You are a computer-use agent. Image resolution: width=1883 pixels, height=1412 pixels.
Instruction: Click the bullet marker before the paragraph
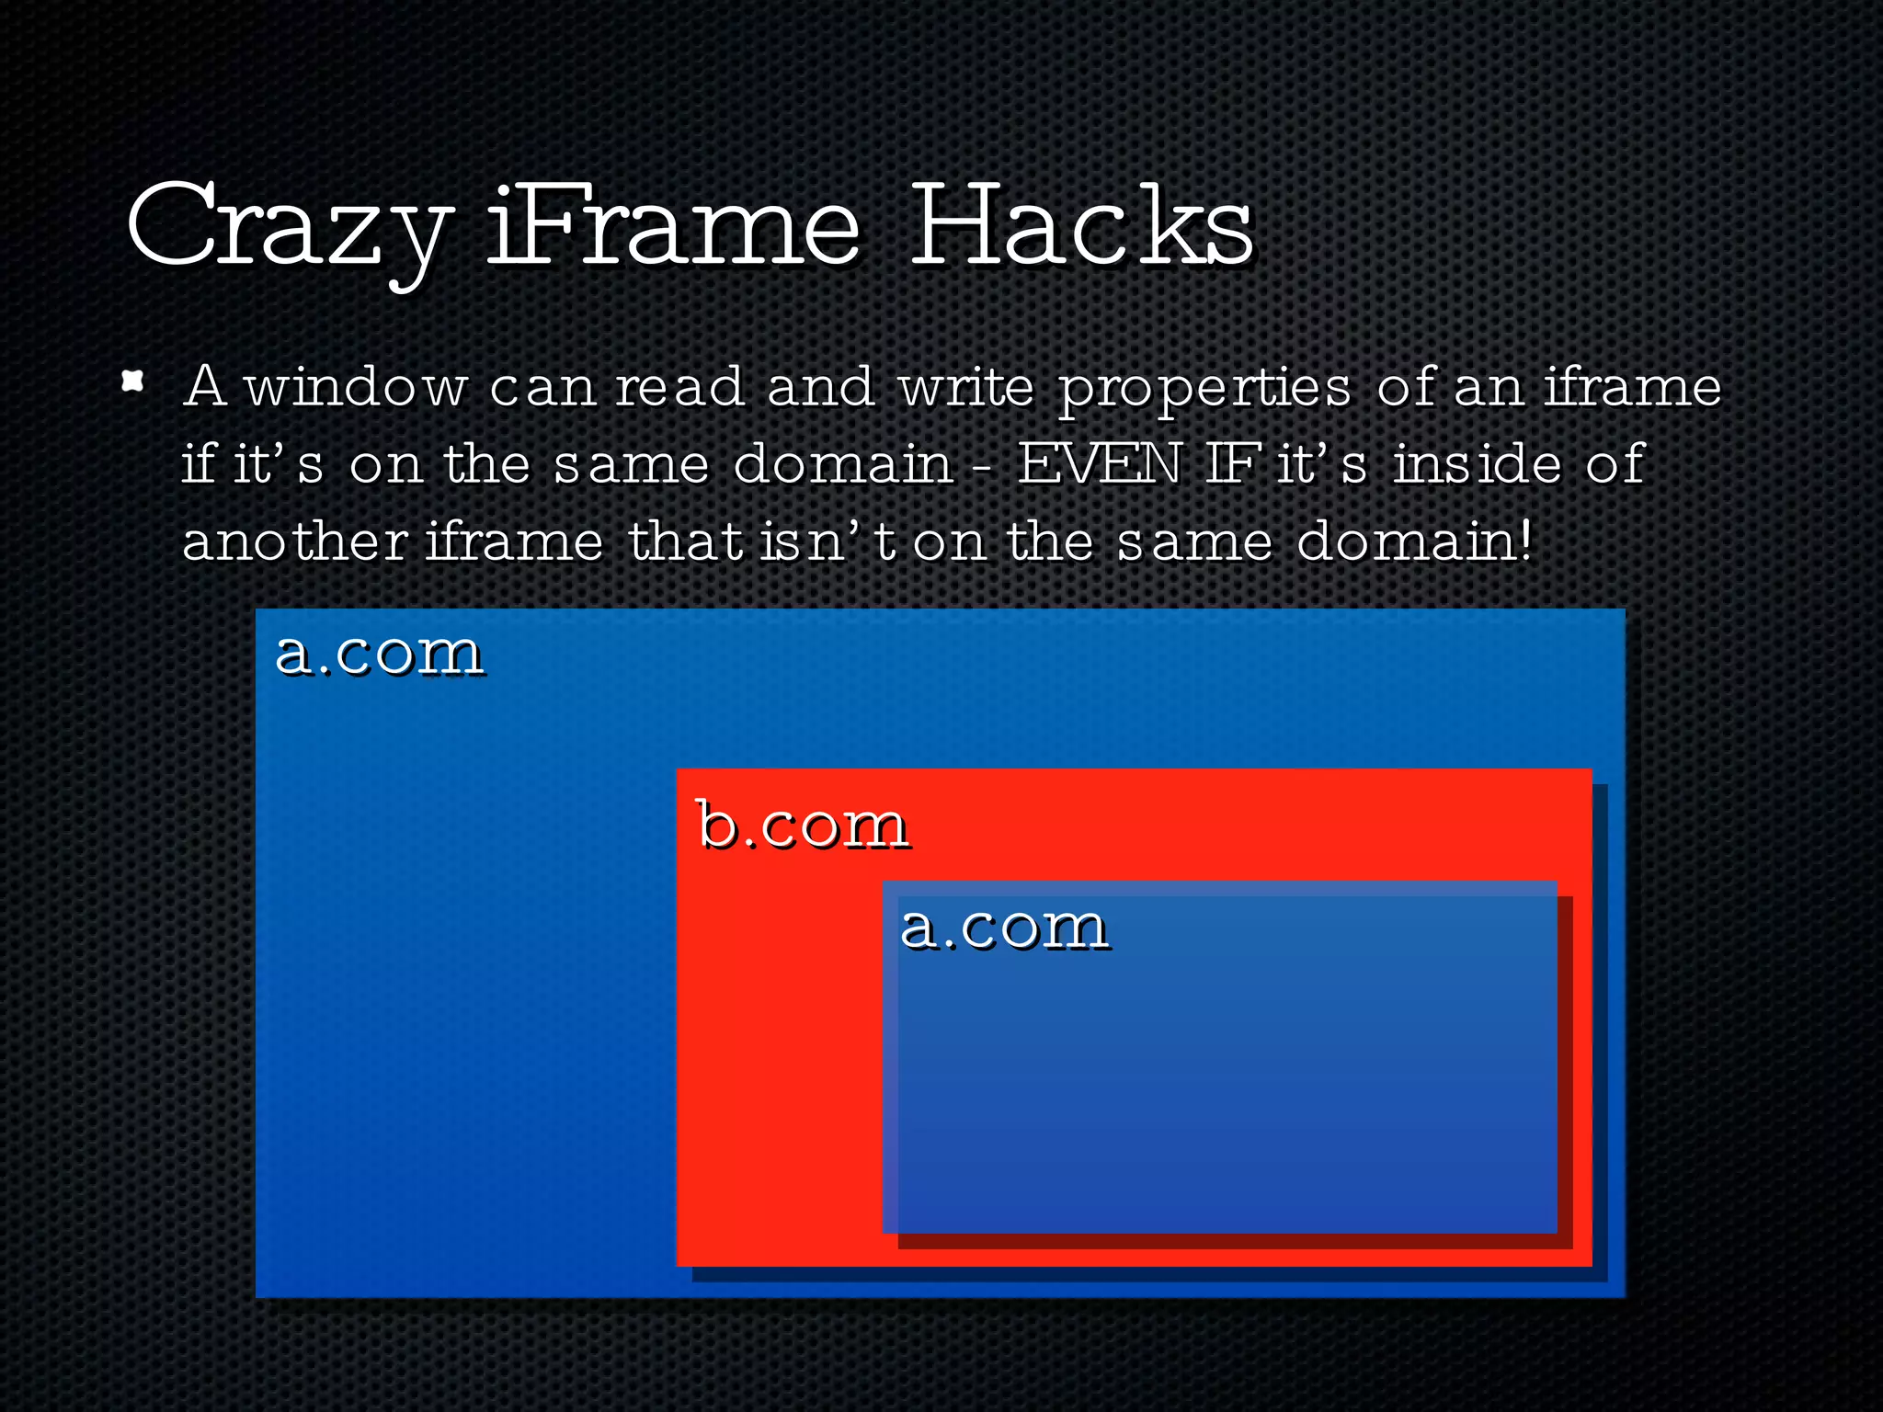coord(133,381)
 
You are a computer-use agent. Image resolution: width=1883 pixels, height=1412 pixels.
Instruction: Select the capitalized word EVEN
coord(1099,463)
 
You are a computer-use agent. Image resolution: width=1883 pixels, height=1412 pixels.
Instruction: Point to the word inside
coord(1477,463)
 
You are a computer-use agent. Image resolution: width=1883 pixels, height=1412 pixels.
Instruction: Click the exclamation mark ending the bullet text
coord(1526,541)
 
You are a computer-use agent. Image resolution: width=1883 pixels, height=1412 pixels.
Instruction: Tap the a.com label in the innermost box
coord(1003,927)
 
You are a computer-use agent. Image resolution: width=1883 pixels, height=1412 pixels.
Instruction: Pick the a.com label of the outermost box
coord(379,654)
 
